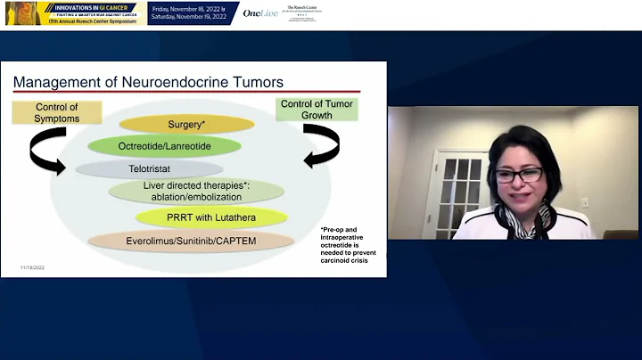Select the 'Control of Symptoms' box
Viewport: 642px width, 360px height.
click(57, 112)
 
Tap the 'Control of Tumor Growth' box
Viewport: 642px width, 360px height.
click(317, 110)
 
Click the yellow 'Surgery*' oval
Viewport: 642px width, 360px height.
click(187, 124)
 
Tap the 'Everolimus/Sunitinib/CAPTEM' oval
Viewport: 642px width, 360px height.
click(191, 240)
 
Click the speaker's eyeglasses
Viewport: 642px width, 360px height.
click(521, 173)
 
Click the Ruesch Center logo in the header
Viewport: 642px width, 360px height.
click(300, 12)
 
